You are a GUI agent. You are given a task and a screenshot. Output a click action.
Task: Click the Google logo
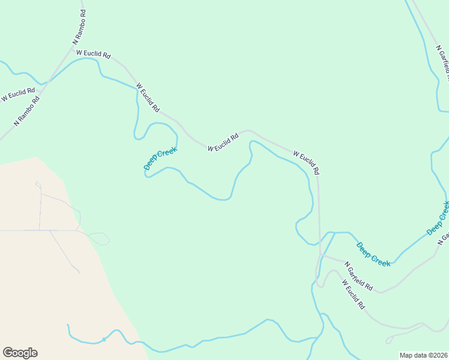point(20,353)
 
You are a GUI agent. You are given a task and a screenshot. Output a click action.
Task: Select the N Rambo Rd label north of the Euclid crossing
point(79,28)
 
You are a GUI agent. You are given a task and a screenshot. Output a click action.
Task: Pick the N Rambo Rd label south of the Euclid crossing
point(27,110)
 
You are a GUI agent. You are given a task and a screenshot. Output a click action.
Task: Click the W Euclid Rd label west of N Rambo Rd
point(18,94)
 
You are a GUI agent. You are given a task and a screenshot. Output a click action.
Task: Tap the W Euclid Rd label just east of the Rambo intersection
point(94,54)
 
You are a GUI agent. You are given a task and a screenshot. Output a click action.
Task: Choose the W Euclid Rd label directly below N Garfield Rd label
point(354,294)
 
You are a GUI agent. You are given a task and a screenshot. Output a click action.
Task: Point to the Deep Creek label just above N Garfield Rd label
point(373,254)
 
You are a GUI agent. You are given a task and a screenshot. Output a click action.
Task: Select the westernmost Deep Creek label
point(160,158)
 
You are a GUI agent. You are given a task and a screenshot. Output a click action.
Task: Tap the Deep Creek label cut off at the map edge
point(438,218)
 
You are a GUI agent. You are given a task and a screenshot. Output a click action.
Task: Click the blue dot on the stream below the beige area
point(104,340)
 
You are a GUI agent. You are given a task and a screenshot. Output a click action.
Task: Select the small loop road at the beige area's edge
point(100,238)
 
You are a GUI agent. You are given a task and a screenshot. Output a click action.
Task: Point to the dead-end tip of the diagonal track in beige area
point(79,272)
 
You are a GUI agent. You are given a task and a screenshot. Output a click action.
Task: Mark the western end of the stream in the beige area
point(68,325)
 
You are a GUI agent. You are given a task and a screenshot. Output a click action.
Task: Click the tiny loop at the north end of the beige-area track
point(38,184)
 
